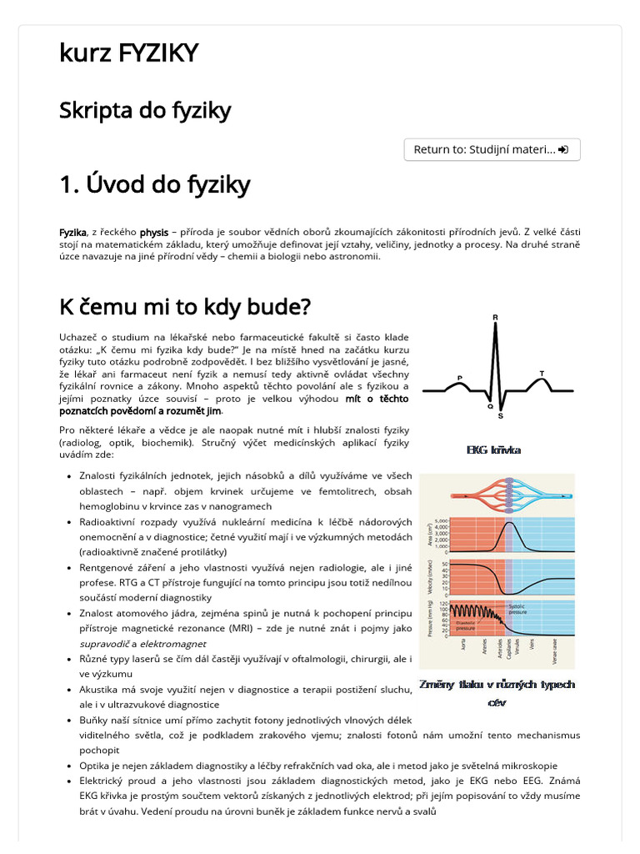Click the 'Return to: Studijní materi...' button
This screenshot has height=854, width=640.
pos(492,149)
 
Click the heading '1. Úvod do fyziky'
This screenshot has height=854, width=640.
pos(154,185)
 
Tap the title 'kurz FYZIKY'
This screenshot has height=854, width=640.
pos(129,53)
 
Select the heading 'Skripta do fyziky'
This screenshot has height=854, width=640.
pos(145,110)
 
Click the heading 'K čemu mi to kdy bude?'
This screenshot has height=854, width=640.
pos(184,307)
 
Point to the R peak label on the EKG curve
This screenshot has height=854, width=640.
pos(496,317)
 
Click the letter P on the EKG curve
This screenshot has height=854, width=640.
pos(460,377)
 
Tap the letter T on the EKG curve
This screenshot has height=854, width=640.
pos(542,373)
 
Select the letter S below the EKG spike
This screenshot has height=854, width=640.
pos(500,415)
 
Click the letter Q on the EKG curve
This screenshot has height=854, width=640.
pos(489,406)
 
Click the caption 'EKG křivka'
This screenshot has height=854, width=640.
pos(494,450)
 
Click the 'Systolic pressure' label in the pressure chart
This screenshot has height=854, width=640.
pos(518,609)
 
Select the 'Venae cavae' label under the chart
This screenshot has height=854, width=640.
pos(553,651)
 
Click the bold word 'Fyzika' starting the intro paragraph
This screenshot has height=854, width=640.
pos(72,232)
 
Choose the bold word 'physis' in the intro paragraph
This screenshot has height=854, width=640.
pos(153,232)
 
